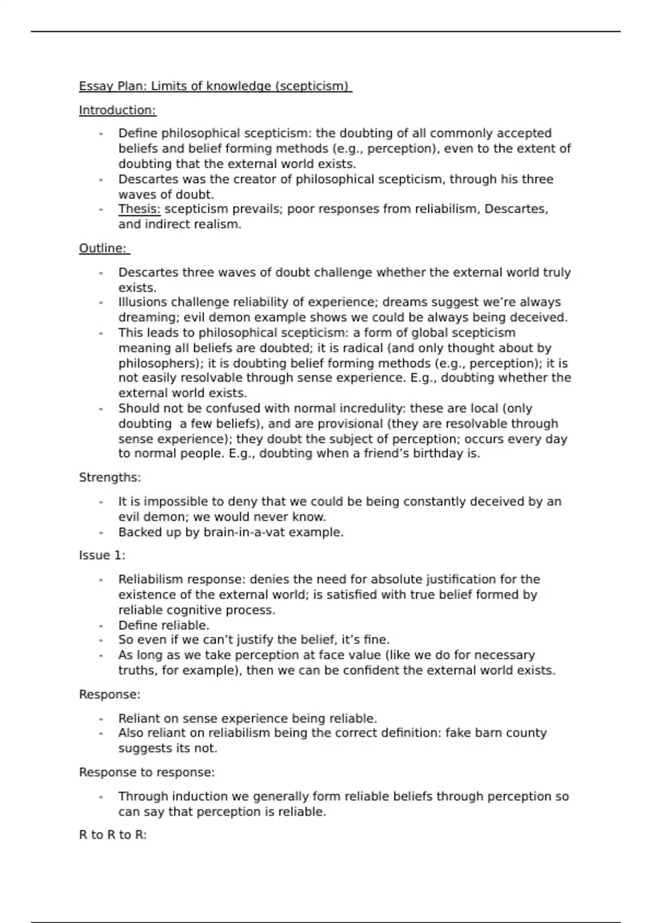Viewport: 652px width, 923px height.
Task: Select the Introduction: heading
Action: click(117, 110)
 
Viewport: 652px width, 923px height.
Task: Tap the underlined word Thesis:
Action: click(140, 209)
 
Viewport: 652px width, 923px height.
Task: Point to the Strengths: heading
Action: click(110, 478)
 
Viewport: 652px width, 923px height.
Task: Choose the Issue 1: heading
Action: click(102, 555)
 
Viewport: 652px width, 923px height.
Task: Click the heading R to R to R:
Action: click(113, 835)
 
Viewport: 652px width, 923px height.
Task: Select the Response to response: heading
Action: click(147, 772)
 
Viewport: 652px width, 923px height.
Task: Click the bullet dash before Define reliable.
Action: click(101, 625)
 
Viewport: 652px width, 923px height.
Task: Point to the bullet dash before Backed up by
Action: click(101, 532)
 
